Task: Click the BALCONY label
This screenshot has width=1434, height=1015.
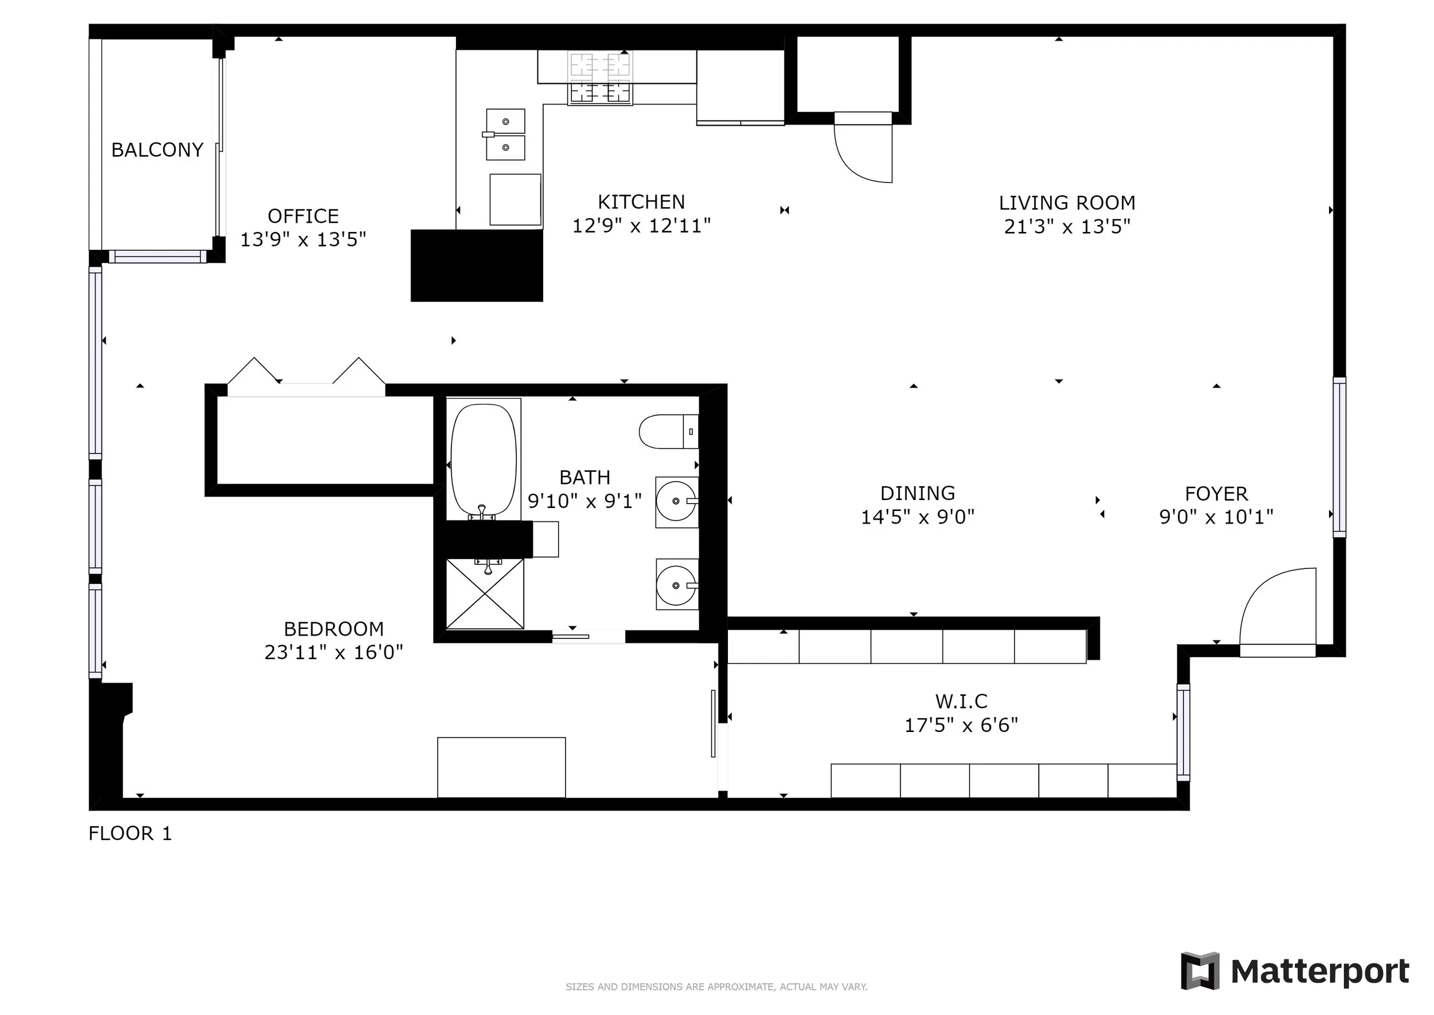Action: click(x=157, y=150)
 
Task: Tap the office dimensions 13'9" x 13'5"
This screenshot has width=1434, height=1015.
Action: click(x=303, y=239)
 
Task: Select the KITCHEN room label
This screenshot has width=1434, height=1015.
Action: click(x=641, y=202)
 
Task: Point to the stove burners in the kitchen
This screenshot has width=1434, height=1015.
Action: click(x=600, y=78)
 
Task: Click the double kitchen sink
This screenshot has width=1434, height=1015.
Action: click(x=505, y=134)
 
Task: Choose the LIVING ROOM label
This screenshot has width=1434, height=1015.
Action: click(x=1067, y=203)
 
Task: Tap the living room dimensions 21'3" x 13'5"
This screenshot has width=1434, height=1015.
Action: click(x=1067, y=226)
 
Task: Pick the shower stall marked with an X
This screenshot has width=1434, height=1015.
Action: click(x=485, y=594)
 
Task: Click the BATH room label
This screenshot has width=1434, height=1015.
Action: click(x=584, y=478)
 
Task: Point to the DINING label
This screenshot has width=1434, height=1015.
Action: click(x=918, y=494)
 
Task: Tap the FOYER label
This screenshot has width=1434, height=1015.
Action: click(x=1216, y=494)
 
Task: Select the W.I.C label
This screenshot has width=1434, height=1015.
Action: click(x=961, y=701)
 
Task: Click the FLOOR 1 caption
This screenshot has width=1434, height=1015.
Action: click(x=130, y=834)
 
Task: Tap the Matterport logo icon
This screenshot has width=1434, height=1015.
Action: click(x=1200, y=971)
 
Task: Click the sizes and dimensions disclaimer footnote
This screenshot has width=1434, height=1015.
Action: click(x=716, y=987)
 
